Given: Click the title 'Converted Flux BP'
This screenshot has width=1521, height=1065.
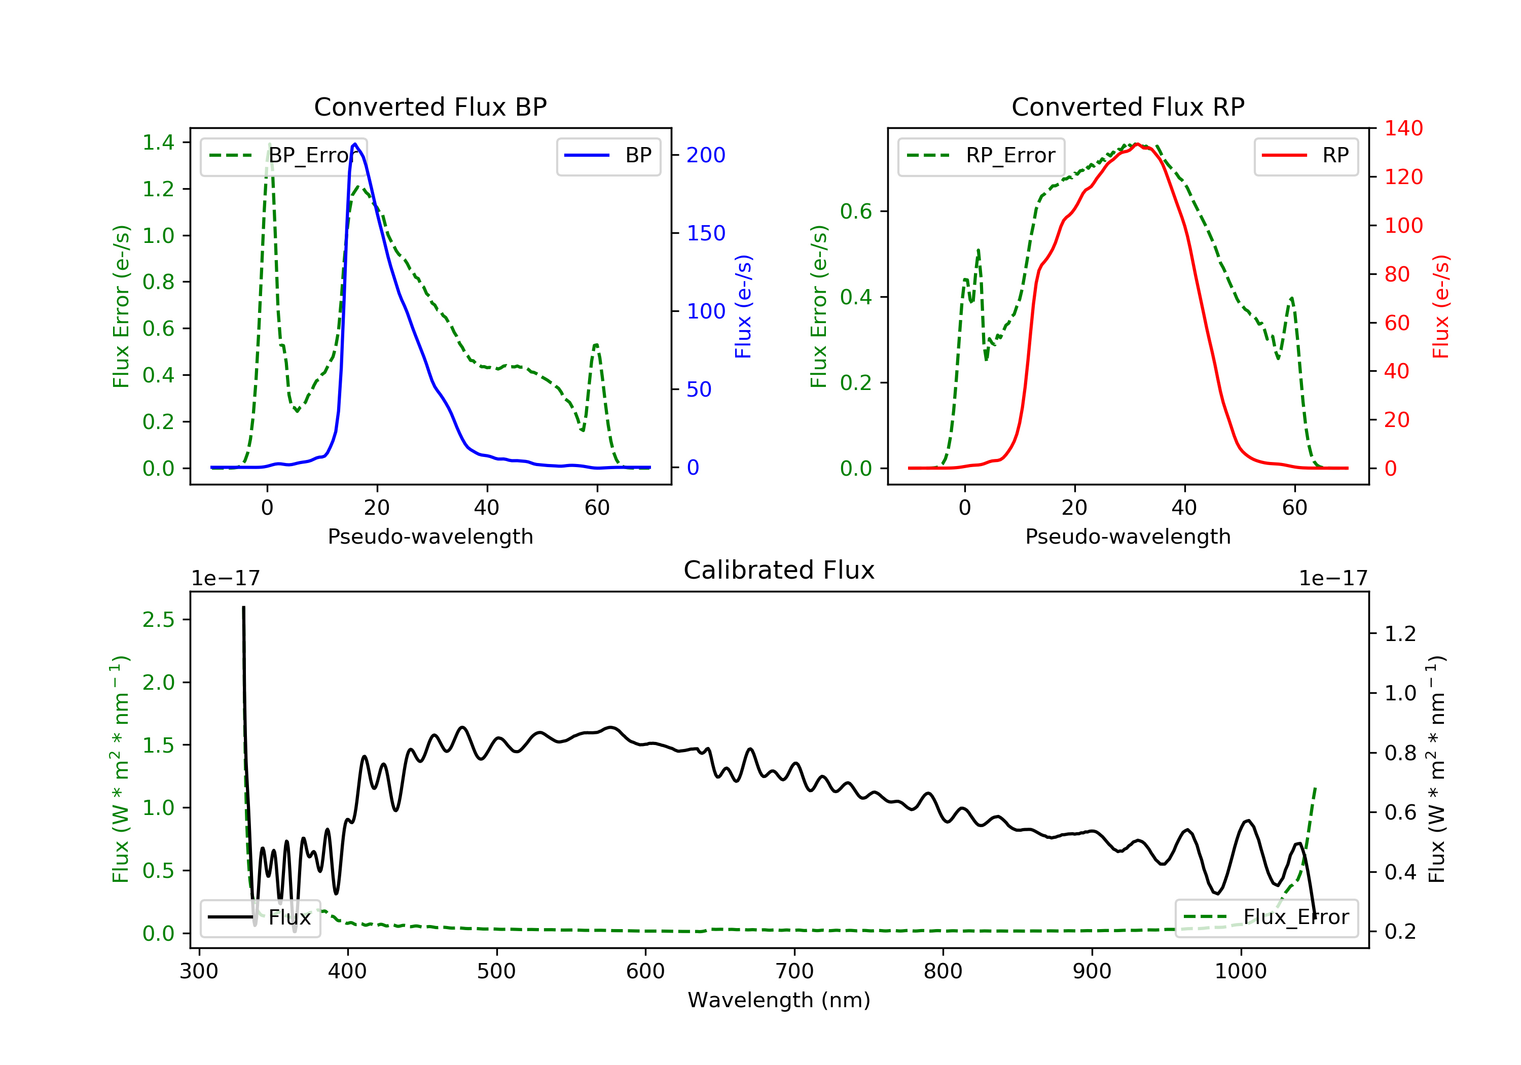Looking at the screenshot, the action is pyautogui.click(x=430, y=106).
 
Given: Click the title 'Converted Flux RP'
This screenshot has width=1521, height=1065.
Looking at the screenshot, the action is pyautogui.click(x=1128, y=106).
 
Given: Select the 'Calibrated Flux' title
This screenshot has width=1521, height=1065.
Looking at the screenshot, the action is pyautogui.click(x=779, y=570).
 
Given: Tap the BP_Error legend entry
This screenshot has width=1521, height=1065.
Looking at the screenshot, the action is pyautogui.click(x=283, y=156).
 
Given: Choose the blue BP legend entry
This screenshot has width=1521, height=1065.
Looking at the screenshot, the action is pyautogui.click(x=608, y=156).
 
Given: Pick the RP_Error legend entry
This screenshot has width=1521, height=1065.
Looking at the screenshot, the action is pyautogui.click(x=981, y=156).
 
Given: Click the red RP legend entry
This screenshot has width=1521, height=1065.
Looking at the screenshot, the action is pyautogui.click(x=1306, y=156).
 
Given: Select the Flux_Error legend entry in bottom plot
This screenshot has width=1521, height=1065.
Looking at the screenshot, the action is pyautogui.click(x=1266, y=917).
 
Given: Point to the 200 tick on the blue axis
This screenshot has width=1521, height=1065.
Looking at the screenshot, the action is pyautogui.click(x=706, y=155).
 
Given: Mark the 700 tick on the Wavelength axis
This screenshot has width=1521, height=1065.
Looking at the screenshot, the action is pyautogui.click(x=794, y=972).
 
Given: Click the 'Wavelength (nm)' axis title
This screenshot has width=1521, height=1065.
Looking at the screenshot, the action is pyautogui.click(x=779, y=1000).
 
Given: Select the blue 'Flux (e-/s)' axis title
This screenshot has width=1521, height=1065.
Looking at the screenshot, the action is pyautogui.click(x=743, y=306).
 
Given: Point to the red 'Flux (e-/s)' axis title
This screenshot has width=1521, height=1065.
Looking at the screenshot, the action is pyautogui.click(x=1441, y=306).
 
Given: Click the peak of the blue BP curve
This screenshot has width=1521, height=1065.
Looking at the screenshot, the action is pyautogui.click(x=355, y=144).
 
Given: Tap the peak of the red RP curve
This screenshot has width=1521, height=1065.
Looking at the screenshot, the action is pyautogui.click(x=1136, y=144).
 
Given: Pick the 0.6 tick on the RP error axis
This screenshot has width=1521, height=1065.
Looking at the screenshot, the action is pyautogui.click(x=856, y=211).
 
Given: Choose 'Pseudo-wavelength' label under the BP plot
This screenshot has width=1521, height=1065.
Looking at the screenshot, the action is pyautogui.click(x=430, y=536).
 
